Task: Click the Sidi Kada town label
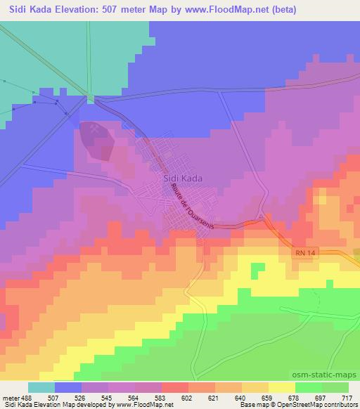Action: (182, 178)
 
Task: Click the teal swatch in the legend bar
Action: (41, 387)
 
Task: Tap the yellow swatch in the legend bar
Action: (281, 387)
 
